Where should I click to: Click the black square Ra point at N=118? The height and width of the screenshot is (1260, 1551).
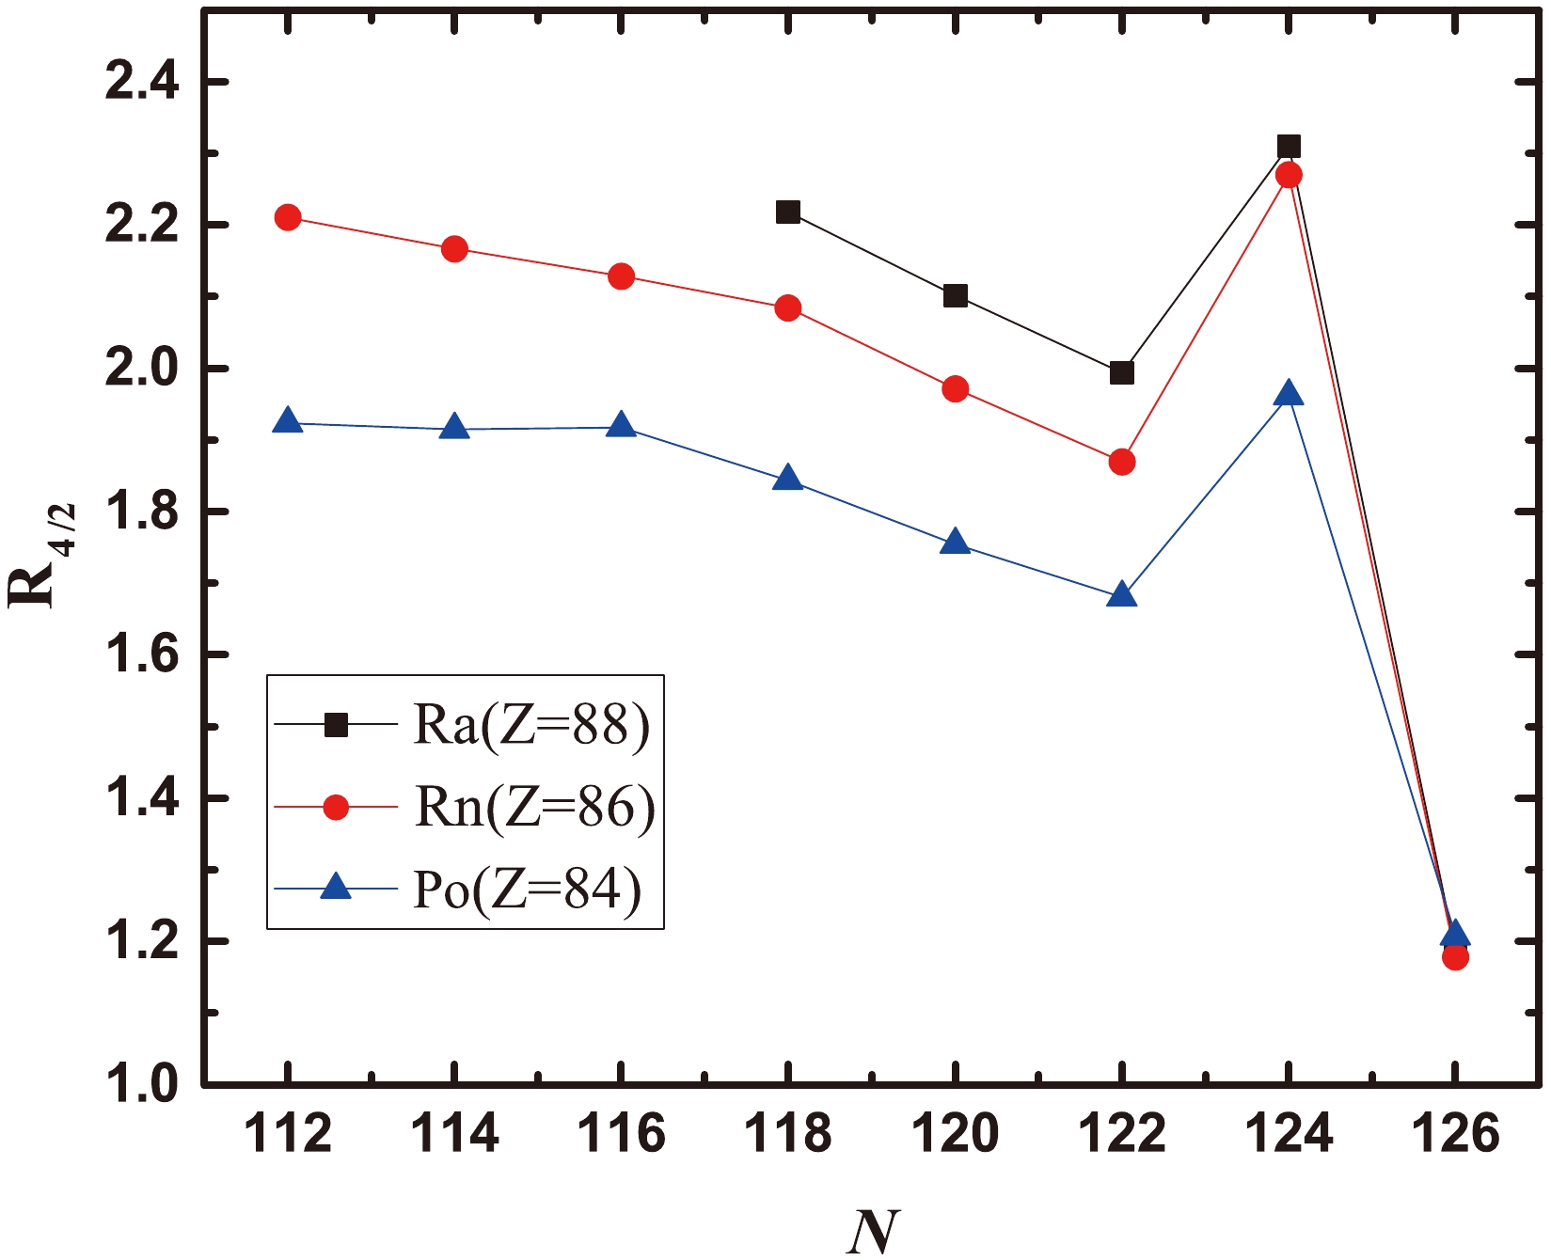pos(788,212)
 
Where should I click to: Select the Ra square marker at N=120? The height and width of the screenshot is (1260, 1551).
pos(955,296)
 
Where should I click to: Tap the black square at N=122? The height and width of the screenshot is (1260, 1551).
pos(1121,373)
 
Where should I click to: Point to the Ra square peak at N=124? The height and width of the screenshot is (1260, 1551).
pos(1289,146)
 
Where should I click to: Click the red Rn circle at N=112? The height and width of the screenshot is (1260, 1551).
pos(288,217)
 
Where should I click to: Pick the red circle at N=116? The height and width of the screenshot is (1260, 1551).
pos(621,276)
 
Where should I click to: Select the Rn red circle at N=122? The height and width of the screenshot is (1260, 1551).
pos(1121,462)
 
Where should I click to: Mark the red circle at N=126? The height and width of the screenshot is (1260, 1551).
pos(1455,957)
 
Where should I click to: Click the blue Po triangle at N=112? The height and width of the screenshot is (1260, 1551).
pos(288,422)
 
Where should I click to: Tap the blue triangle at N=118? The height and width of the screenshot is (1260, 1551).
pos(788,480)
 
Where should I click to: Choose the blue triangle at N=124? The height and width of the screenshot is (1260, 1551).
pos(1289,394)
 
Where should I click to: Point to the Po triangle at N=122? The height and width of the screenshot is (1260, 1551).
pos(1121,595)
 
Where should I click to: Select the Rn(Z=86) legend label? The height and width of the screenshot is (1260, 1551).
pos(534,807)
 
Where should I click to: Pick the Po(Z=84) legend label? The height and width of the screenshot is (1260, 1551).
pos(528,889)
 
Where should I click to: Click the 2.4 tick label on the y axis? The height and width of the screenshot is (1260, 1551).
pos(141,83)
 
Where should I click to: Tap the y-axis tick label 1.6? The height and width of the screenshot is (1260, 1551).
pos(141,654)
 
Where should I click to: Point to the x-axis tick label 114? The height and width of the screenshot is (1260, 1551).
pos(454,1134)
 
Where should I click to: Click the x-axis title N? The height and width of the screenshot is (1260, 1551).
pos(873,1231)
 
